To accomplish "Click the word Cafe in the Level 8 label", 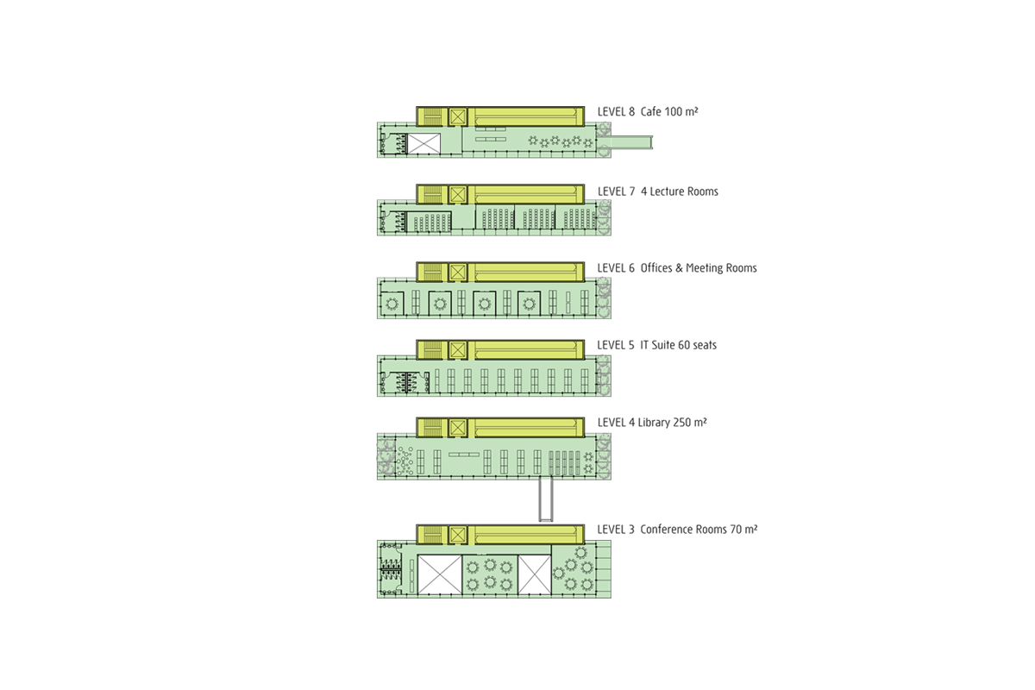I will [x=652, y=112].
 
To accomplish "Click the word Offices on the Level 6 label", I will [x=657, y=268].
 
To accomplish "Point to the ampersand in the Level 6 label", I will [x=680, y=268].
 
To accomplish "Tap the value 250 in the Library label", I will [x=687, y=423].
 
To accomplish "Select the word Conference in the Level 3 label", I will [x=668, y=530].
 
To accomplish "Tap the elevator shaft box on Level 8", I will [x=457, y=116].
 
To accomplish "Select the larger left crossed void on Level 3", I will [x=440, y=575].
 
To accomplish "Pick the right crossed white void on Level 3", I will [x=534, y=575].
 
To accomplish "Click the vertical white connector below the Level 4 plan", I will [x=544, y=499].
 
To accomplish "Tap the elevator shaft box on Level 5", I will [x=457, y=350].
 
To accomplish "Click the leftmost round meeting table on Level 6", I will [x=393, y=304].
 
